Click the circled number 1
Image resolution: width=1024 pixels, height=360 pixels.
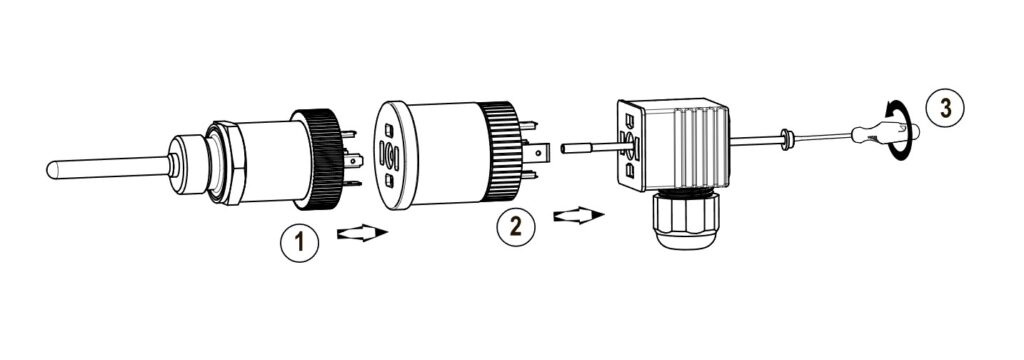(300, 242)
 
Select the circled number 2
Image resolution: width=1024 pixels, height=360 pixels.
(516, 226)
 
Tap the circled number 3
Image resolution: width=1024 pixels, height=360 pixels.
(945, 108)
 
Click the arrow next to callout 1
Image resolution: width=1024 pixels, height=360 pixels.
(362, 233)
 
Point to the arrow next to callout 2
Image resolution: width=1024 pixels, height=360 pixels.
(579, 215)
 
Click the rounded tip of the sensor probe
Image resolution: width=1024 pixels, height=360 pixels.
(52, 170)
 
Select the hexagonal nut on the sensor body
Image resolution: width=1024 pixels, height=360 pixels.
(226, 163)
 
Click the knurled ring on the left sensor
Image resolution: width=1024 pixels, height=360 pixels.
(319, 159)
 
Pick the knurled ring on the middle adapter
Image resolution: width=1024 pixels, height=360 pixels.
(501, 151)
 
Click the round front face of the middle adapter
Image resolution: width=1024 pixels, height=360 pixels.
(390, 155)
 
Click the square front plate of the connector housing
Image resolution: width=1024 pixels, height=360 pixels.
(629, 145)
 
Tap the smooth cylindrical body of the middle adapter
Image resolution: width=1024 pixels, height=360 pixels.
(443, 154)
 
